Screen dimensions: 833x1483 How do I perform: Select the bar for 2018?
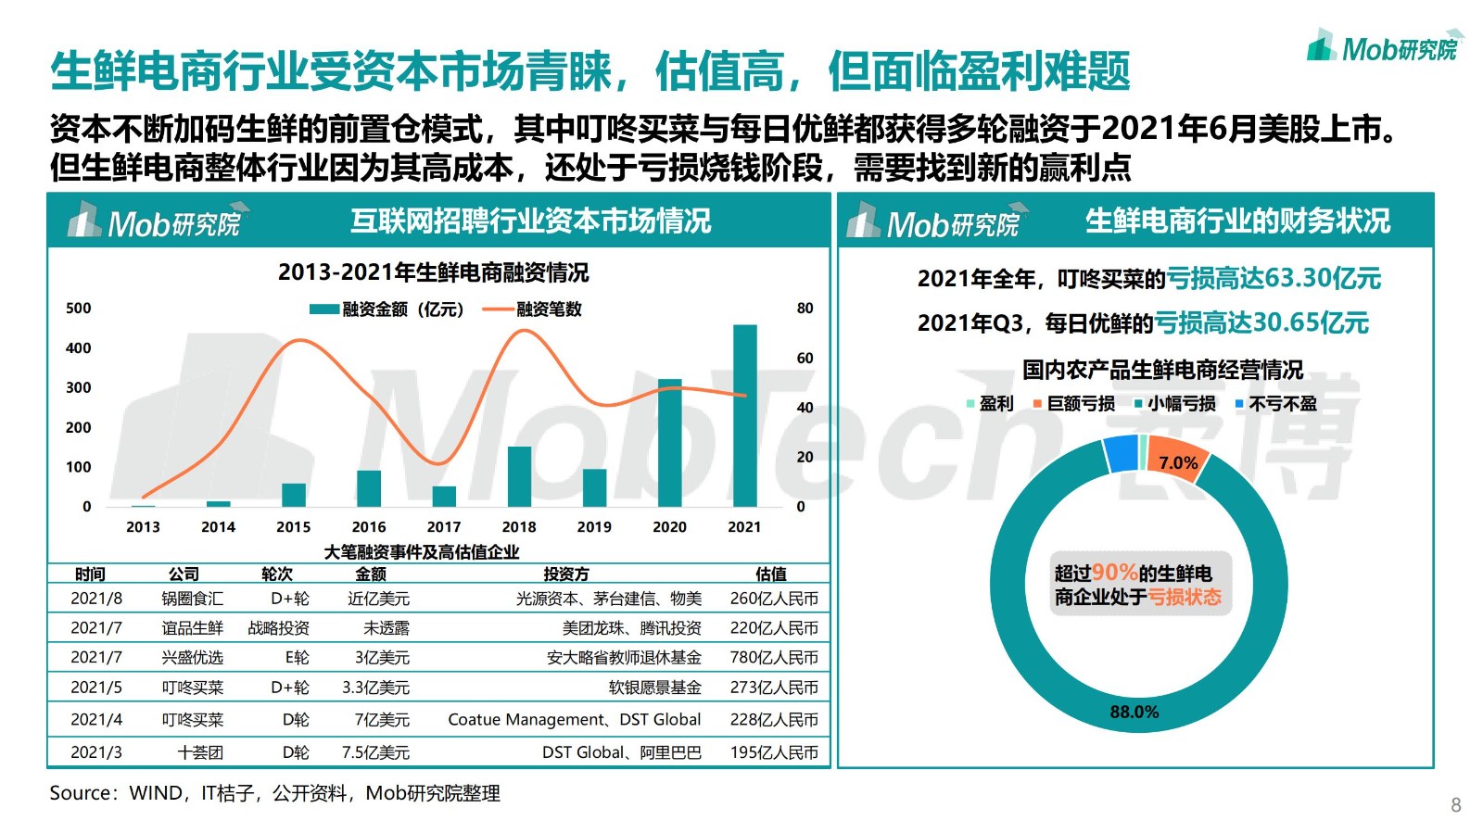pyautogui.click(x=519, y=476)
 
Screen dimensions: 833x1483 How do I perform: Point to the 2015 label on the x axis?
pyautogui.click(x=293, y=527)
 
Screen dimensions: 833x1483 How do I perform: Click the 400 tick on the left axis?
pyautogui.click(x=79, y=348)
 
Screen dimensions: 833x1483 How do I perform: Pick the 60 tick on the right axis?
pyautogui.click(x=805, y=358)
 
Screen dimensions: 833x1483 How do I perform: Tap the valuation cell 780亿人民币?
pyautogui.click(x=773, y=658)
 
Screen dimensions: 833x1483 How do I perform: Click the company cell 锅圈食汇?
pyautogui.click(x=192, y=599)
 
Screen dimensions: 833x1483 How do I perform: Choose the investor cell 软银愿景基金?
pyautogui.click(x=654, y=688)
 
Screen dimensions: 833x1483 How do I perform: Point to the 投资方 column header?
pyautogui.click(x=565, y=574)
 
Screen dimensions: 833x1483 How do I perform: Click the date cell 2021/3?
pyautogui.click(x=96, y=752)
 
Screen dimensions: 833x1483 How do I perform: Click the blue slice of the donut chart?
pyautogui.click(x=1121, y=454)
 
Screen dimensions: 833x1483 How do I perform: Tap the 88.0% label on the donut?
pyautogui.click(x=1134, y=712)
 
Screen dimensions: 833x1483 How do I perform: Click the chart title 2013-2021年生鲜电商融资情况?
pyautogui.click(x=433, y=272)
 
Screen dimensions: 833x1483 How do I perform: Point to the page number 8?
pyautogui.click(x=1455, y=804)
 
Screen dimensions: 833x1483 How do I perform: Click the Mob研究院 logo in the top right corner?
pyautogui.click(x=1385, y=46)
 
